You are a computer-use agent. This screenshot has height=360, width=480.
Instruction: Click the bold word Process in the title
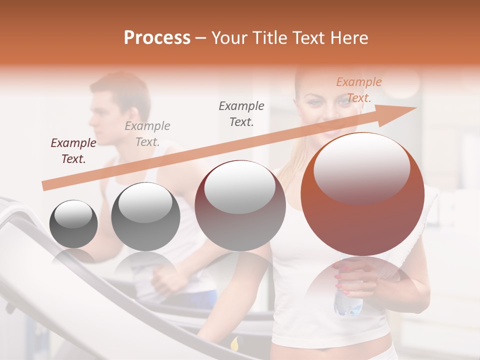click(x=157, y=38)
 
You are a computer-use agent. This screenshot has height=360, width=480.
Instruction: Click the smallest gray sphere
click(x=73, y=224)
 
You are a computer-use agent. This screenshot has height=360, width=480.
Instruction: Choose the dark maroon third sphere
click(x=240, y=205)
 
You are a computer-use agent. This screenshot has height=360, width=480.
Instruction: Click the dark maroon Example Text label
click(x=73, y=151)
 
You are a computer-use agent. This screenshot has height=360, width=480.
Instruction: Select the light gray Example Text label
click(x=147, y=134)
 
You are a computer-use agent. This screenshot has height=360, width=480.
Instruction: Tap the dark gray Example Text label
click(x=241, y=113)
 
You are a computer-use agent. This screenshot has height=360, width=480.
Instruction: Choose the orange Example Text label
click(x=359, y=90)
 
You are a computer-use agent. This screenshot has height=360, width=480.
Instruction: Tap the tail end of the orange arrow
click(x=45, y=186)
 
